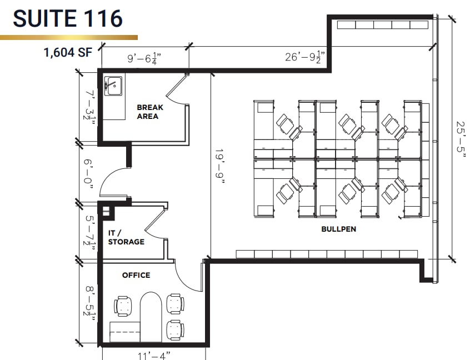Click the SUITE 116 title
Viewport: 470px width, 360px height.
coord(68,18)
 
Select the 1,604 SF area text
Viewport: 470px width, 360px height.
coord(68,53)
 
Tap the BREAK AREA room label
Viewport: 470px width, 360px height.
coord(147,112)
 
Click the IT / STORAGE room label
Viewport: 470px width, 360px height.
coord(126,238)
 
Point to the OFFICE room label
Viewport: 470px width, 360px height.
coord(136,275)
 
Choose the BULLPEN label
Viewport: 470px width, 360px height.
coord(338,229)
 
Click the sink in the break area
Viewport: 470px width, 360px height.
coord(114,86)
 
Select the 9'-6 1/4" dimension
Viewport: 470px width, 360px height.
coord(144,57)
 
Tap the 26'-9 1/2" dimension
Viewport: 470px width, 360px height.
coord(304,57)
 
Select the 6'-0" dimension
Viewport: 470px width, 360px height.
coord(88,171)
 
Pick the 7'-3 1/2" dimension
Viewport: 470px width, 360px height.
coord(88,105)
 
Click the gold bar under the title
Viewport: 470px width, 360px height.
coord(69,37)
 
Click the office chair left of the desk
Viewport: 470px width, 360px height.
coord(123,306)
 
